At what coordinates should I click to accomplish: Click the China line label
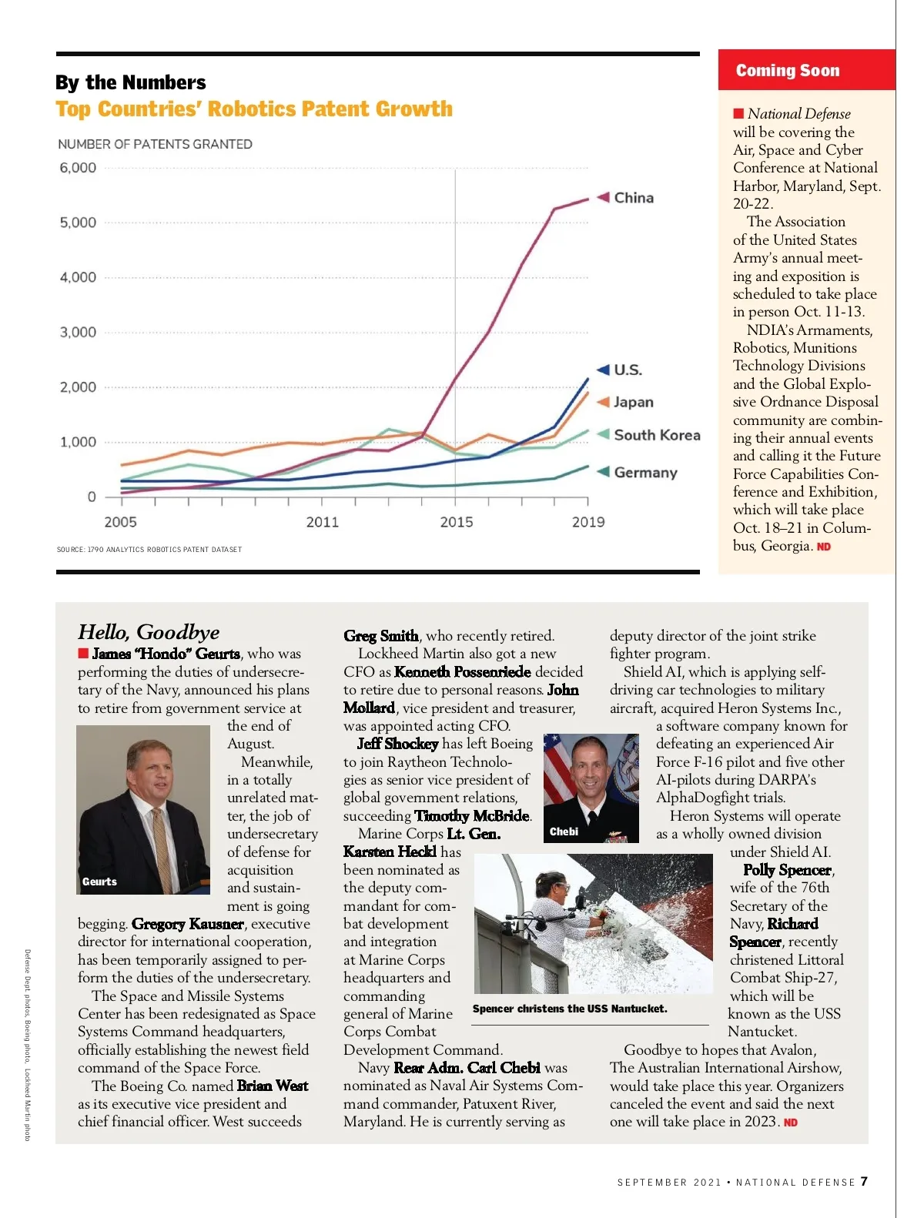(x=633, y=198)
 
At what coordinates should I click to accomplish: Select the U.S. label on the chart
(x=627, y=370)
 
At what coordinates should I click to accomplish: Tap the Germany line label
(x=644, y=473)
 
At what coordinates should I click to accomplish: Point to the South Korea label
(x=656, y=435)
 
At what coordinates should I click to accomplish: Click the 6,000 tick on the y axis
(x=78, y=168)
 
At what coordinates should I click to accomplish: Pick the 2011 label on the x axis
(x=322, y=522)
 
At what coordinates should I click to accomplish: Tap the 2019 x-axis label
(x=588, y=522)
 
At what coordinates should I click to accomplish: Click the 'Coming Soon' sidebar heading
(x=787, y=71)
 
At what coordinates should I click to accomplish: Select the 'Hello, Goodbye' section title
(x=149, y=632)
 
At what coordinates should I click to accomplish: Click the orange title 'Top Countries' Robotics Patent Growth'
(x=254, y=109)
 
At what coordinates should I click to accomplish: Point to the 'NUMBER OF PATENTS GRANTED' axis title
(x=155, y=144)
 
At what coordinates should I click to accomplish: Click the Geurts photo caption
(x=100, y=882)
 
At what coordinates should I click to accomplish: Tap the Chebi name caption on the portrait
(x=564, y=832)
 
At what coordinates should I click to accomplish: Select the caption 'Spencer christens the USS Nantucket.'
(x=570, y=1009)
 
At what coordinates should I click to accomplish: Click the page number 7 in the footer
(x=865, y=1182)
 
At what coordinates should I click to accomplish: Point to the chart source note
(x=149, y=550)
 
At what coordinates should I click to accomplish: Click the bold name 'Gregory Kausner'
(x=188, y=924)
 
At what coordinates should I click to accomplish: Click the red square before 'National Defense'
(x=739, y=114)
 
